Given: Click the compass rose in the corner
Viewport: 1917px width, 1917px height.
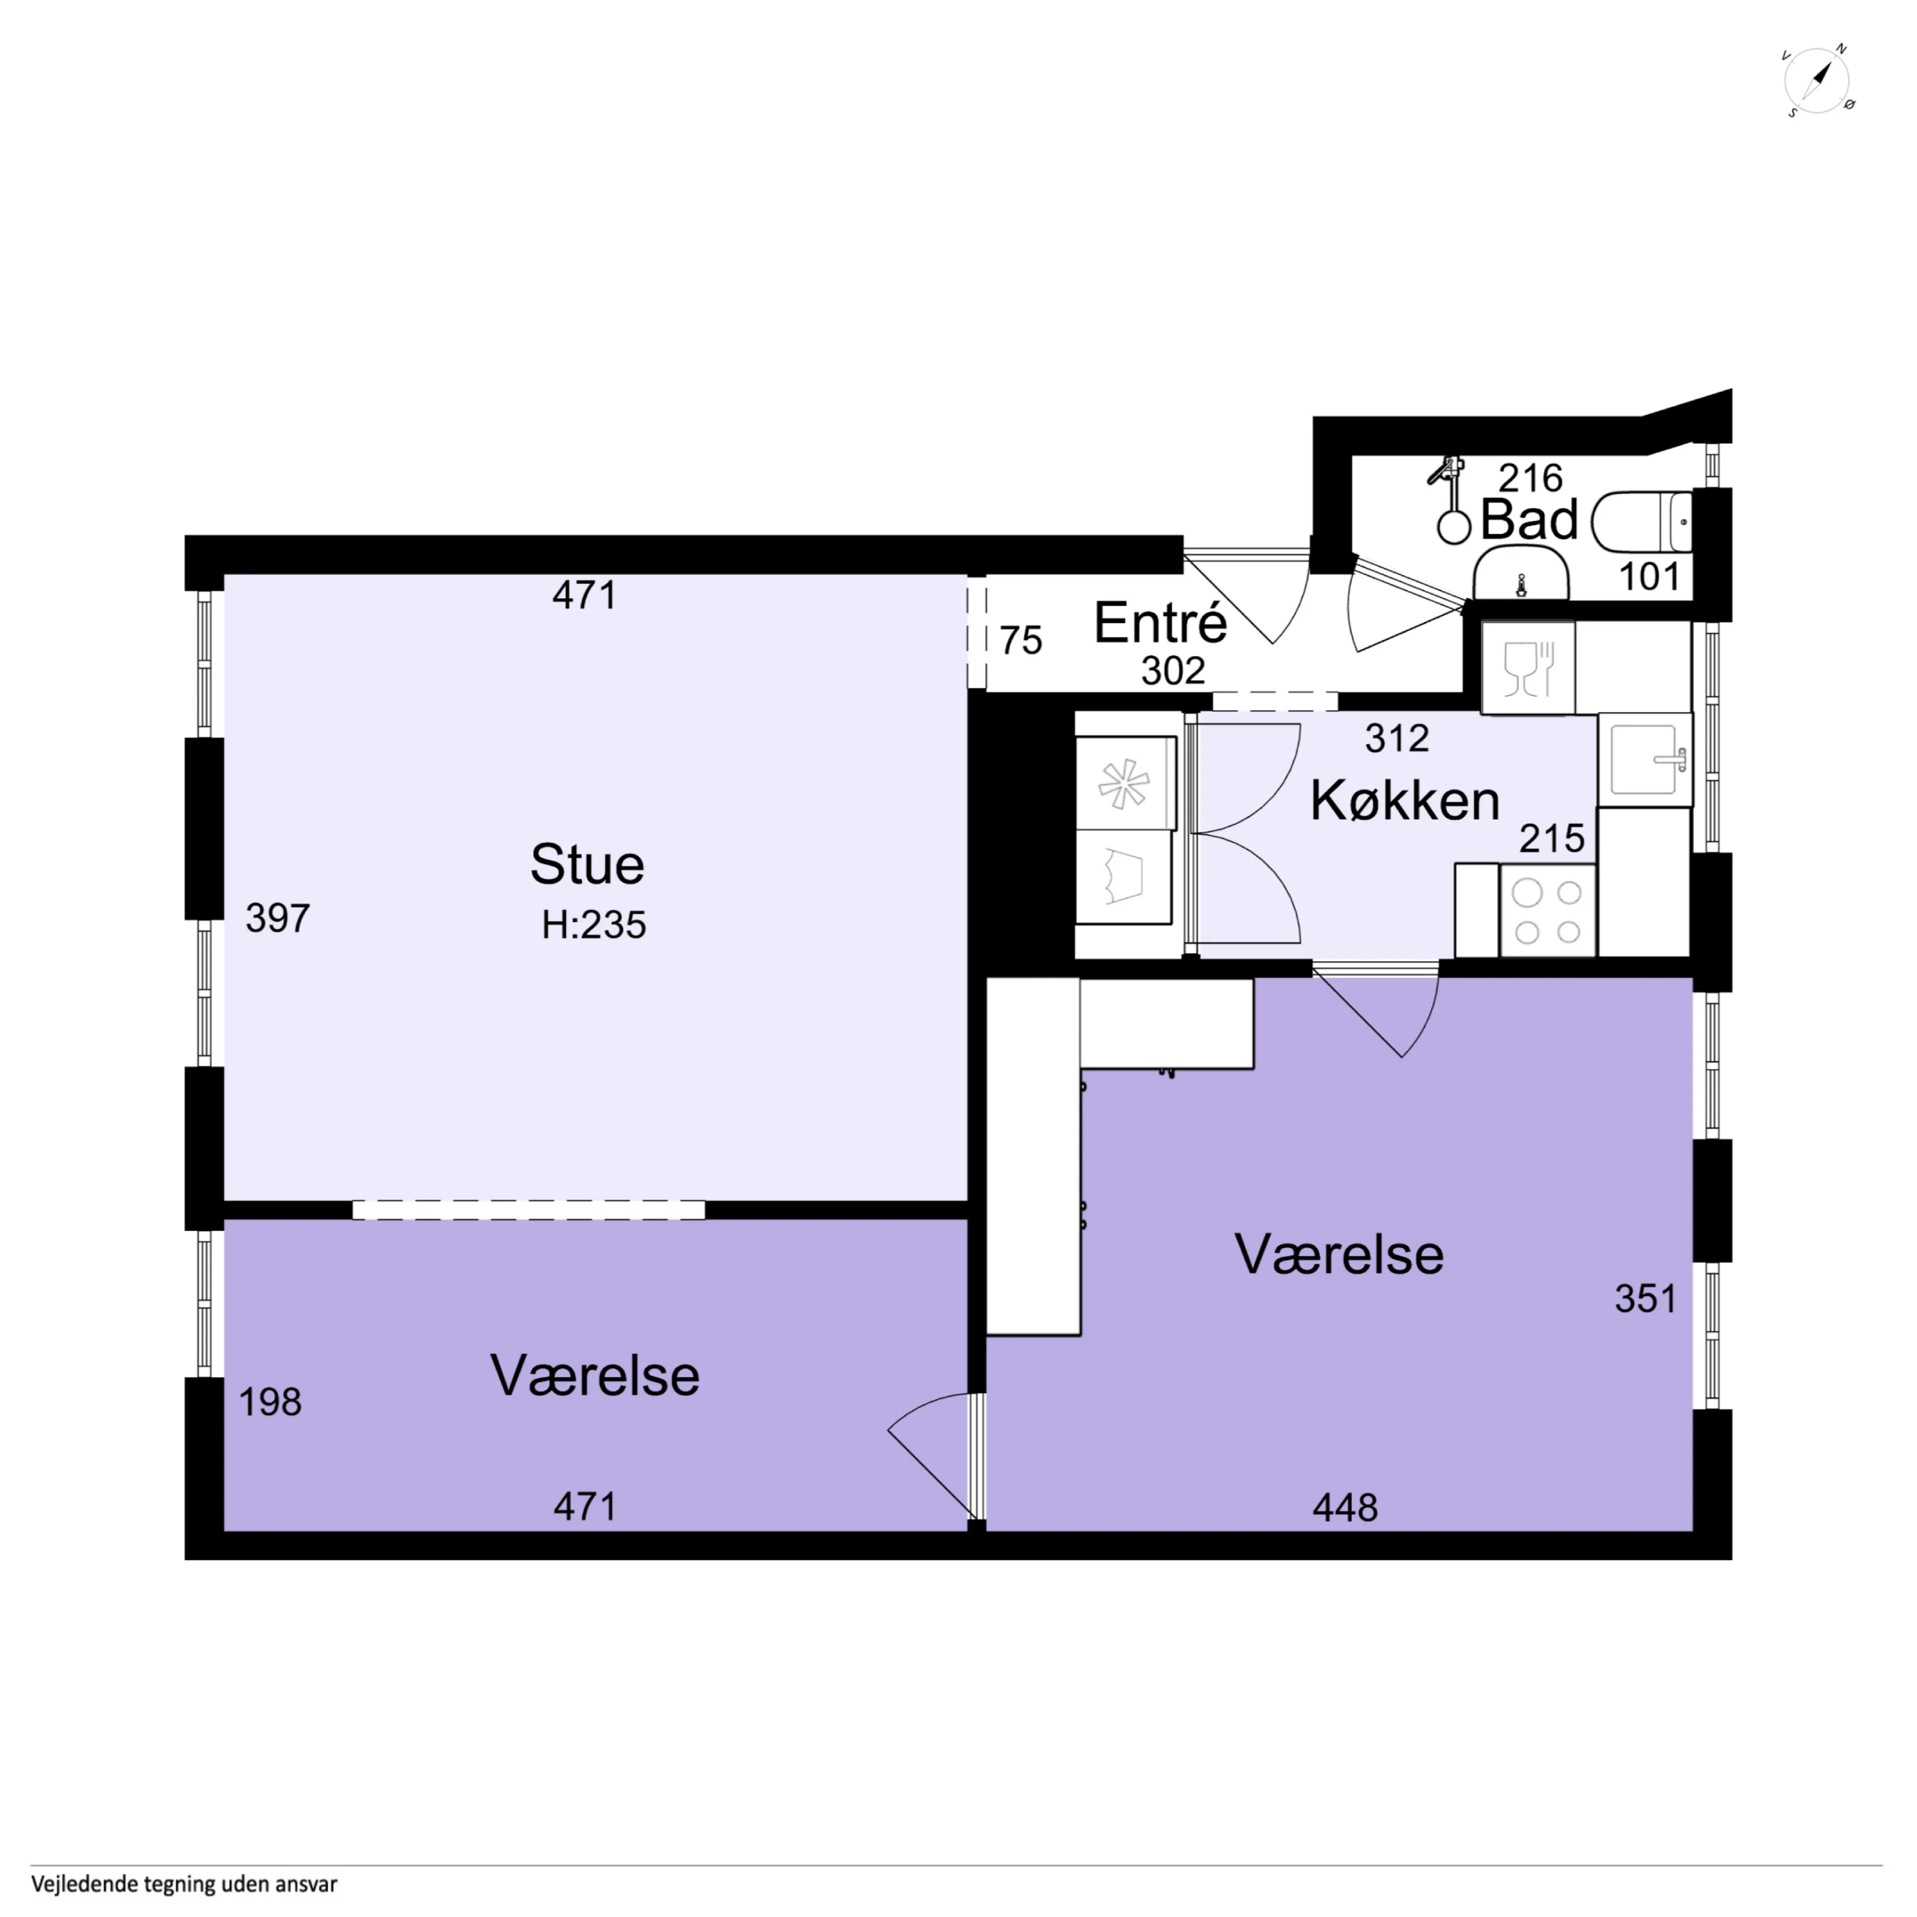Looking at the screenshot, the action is tap(1818, 81).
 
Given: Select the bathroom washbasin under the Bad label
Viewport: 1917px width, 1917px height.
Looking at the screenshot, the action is tap(1521, 573).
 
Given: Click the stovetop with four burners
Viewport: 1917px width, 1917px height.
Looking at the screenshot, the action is tap(1548, 911).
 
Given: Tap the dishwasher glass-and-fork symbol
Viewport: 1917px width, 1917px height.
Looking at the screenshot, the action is tap(1528, 668).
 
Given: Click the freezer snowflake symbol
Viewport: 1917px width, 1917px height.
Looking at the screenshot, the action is tap(1123, 784).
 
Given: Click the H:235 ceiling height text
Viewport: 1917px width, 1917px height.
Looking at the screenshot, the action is tap(594, 925).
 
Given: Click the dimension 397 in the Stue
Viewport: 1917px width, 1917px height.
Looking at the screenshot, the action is tap(278, 919).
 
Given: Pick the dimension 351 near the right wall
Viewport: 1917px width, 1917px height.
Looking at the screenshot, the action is tap(1645, 1299).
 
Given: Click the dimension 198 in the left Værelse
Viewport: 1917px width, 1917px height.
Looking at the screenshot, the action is tap(270, 1402).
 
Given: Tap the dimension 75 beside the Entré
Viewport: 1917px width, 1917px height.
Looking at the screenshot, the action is tap(1021, 641).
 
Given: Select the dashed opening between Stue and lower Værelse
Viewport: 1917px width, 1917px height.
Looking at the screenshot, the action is tap(528, 1210).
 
